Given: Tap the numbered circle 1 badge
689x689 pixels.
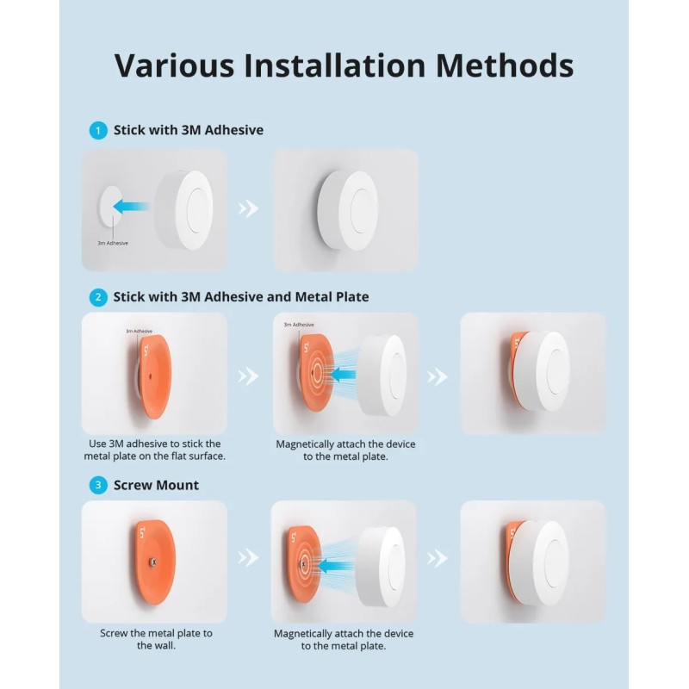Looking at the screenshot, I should (x=99, y=131).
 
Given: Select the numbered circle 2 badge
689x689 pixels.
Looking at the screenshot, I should (x=99, y=297).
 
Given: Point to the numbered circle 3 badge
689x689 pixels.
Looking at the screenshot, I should (x=99, y=486).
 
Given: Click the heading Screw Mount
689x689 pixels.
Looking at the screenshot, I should (x=156, y=486).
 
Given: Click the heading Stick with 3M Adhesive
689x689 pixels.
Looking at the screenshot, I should (x=189, y=131).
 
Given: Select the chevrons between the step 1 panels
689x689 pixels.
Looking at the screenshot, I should (x=249, y=208).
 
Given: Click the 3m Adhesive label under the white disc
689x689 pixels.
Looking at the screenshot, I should (x=113, y=243).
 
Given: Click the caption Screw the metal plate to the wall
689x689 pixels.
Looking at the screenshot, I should (x=156, y=639).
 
